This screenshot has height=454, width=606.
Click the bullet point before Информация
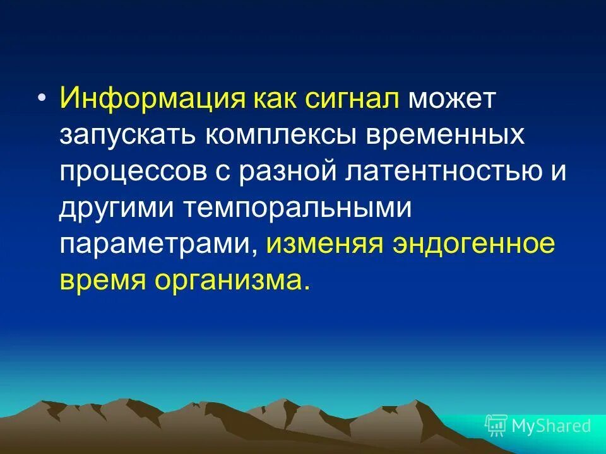tap(42, 100)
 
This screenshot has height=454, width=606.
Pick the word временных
tap(453, 136)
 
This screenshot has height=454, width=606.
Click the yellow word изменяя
tap(324, 244)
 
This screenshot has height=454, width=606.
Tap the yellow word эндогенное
tap(473, 244)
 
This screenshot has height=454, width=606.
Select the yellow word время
tap(102, 280)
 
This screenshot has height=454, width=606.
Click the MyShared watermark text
tap(551, 426)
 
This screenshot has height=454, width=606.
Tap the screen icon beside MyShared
tap(496, 426)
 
